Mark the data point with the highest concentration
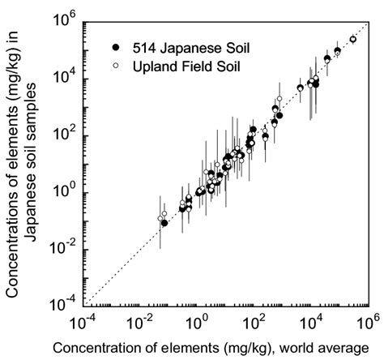pos(353,39)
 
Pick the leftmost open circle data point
pos(160,217)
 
